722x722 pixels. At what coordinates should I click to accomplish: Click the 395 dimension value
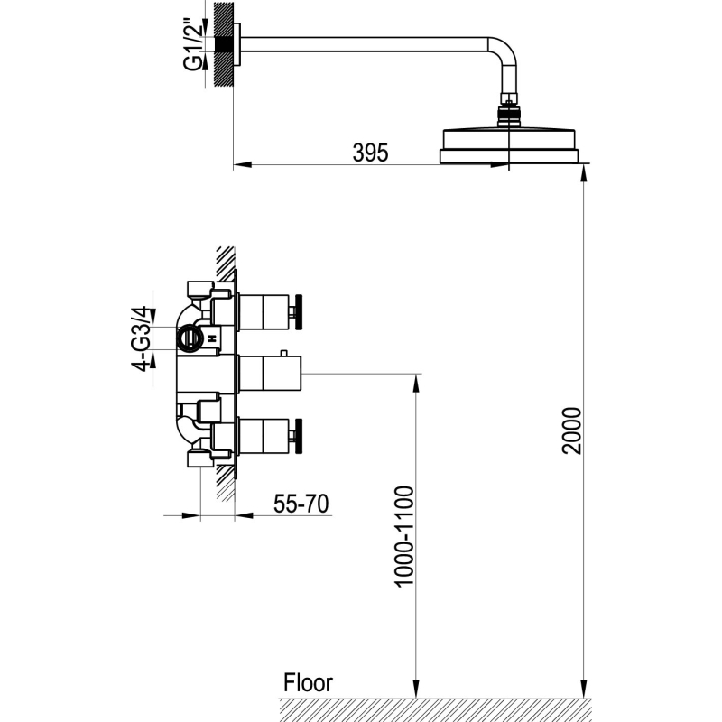point(370,153)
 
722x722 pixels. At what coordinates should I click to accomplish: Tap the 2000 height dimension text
point(572,430)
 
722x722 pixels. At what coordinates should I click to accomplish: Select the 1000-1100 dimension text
point(404,536)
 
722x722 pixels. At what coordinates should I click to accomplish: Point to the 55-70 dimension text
point(301,504)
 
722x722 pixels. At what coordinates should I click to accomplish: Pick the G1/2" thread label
point(193,42)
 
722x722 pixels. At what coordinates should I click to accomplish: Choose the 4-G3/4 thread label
point(141,338)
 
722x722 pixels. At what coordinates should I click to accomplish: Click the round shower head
point(508,146)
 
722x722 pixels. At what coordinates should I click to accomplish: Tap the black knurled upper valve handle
point(299,312)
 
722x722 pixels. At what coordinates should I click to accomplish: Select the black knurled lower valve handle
point(299,436)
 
